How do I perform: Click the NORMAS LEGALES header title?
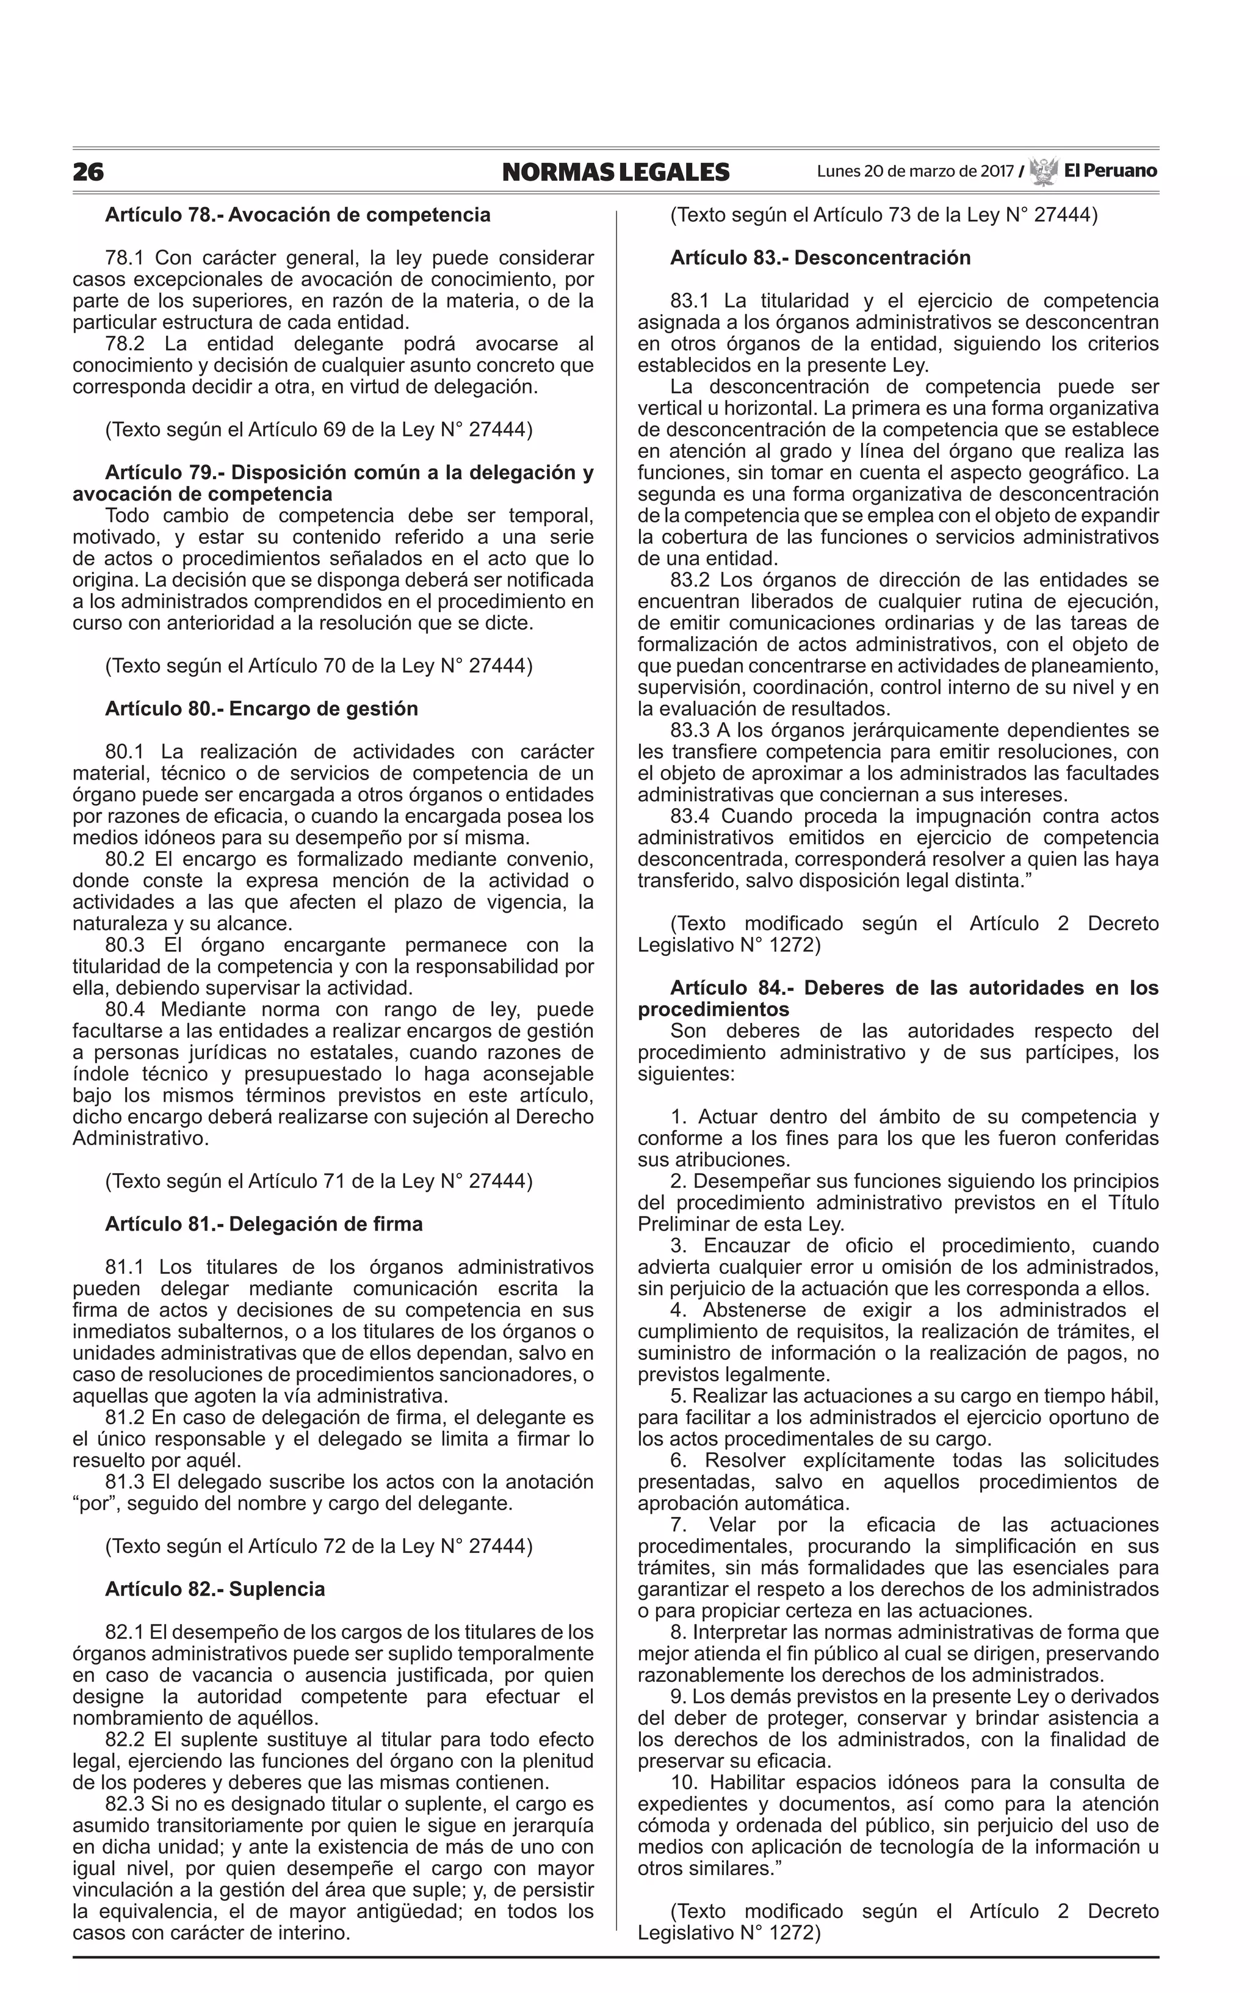(615, 172)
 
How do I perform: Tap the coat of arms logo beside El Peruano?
(1043, 171)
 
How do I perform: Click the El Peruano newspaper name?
(1110, 171)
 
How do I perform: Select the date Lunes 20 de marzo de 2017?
(914, 172)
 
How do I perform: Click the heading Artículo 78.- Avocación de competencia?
(298, 215)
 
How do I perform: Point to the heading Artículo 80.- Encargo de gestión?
(261, 709)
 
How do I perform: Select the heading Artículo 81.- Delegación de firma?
(264, 1223)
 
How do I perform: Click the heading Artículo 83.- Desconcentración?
(820, 258)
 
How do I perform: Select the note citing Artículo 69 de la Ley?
(318, 430)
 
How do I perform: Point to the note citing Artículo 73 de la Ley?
(883, 215)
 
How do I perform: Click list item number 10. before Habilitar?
(685, 1782)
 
